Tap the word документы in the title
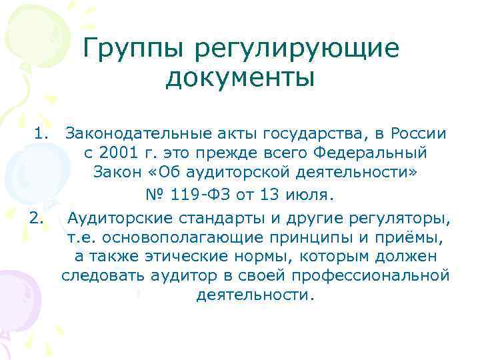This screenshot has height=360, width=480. click(x=239, y=78)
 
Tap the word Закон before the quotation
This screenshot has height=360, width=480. click(x=117, y=174)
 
